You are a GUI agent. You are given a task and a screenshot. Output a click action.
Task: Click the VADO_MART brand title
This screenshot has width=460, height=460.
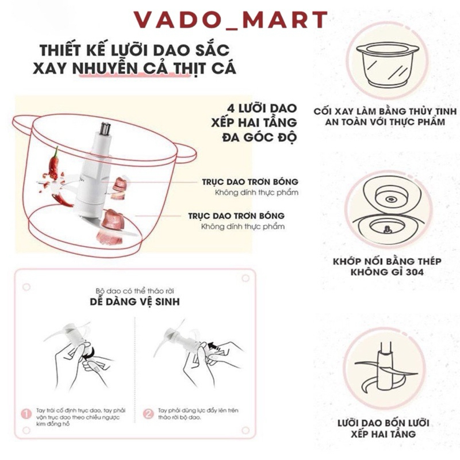pos(230,20)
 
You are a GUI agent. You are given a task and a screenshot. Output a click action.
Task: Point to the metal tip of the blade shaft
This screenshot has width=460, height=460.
pos(105,128)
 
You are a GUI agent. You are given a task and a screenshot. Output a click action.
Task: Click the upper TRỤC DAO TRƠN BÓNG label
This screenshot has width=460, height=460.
pos(251,181)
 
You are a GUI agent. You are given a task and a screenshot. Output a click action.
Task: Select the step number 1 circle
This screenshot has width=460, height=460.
pos(25,413)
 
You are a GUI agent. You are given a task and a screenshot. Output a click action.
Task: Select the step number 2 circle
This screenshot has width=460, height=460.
pos(148,413)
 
